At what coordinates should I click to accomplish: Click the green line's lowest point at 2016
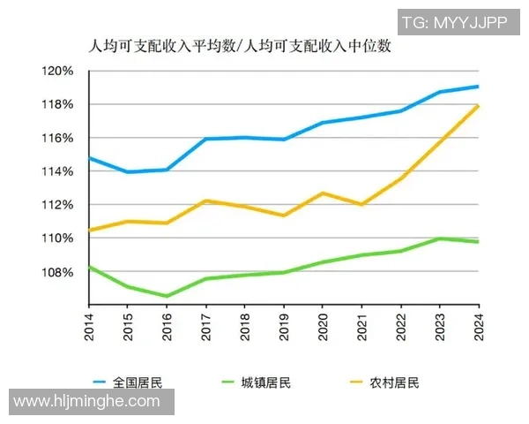167,296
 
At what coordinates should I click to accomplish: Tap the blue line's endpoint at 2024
478,87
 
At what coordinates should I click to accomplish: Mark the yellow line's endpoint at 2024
478,106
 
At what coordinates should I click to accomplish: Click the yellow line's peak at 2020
323,193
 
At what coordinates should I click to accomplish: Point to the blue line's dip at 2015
129,171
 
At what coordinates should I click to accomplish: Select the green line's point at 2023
439,238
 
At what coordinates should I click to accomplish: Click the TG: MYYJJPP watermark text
455,22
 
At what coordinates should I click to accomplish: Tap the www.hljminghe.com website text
87,402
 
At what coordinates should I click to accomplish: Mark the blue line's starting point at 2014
90,158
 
